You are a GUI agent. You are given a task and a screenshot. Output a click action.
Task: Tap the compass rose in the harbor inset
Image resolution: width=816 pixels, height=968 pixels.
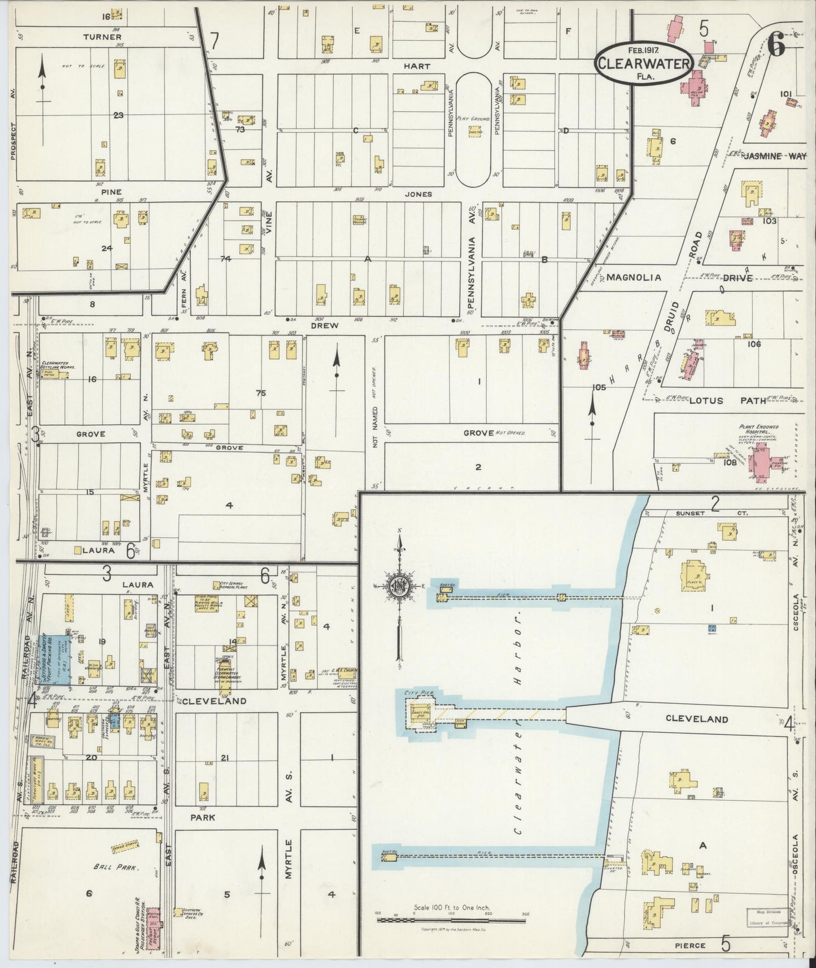click(399, 586)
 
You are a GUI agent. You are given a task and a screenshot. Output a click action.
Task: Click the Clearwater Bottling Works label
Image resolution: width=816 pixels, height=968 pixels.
click(59, 366)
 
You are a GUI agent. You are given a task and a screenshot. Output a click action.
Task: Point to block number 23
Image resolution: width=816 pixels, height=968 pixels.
click(118, 116)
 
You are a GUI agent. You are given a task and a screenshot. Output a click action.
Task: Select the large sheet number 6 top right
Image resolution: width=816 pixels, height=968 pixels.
click(777, 46)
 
